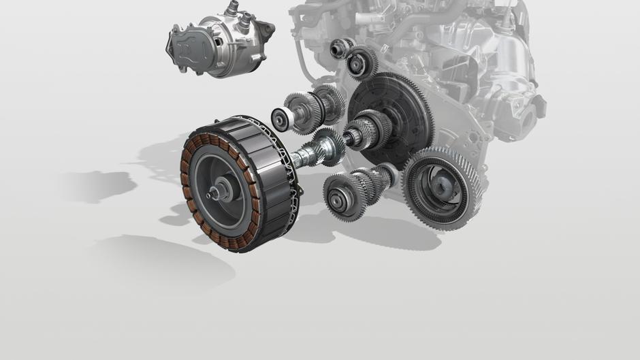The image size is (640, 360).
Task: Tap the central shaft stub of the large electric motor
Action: tap(220, 192)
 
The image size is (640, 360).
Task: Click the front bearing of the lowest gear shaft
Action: tap(338, 199)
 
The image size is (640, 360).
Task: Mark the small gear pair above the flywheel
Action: tap(350, 57)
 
